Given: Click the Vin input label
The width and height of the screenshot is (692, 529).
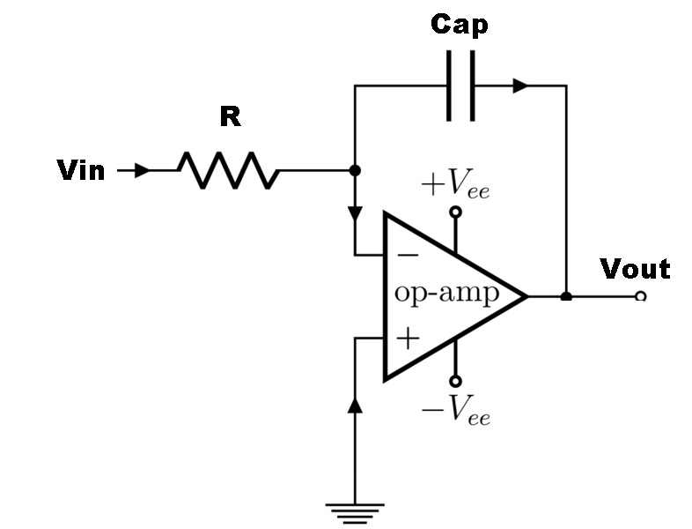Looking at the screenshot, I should coord(80,170).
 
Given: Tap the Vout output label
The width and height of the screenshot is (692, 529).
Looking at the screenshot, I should coord(635,268).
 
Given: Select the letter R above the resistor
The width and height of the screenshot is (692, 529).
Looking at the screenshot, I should coord(230,116).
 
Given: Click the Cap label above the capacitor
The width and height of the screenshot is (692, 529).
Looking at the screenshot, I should coord(459,25).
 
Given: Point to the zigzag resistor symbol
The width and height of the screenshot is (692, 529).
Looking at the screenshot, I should coord(229,170).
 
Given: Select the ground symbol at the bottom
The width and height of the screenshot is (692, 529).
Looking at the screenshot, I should coord(355,510).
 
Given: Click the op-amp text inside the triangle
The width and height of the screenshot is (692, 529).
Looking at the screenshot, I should coord(446,294).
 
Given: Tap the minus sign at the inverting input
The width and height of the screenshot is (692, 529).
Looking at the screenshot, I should coord(408,256).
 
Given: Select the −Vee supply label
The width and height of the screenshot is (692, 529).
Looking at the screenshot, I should coord(455,411).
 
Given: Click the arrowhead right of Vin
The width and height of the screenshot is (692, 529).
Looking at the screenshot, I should coord(141,170).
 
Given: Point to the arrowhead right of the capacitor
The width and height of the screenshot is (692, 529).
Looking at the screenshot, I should coord(520,86).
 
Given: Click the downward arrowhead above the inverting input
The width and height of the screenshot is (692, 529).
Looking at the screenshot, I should coord(355,214).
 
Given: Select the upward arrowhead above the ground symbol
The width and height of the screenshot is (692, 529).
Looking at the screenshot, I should coord(355,405).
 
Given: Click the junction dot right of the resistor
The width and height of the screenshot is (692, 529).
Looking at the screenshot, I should coord(355,170).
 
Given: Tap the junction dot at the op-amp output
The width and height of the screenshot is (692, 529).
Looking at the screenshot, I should coord(566,296).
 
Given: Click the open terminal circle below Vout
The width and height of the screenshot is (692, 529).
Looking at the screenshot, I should coord(640,297).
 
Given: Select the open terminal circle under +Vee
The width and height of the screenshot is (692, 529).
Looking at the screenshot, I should coord(455,212).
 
